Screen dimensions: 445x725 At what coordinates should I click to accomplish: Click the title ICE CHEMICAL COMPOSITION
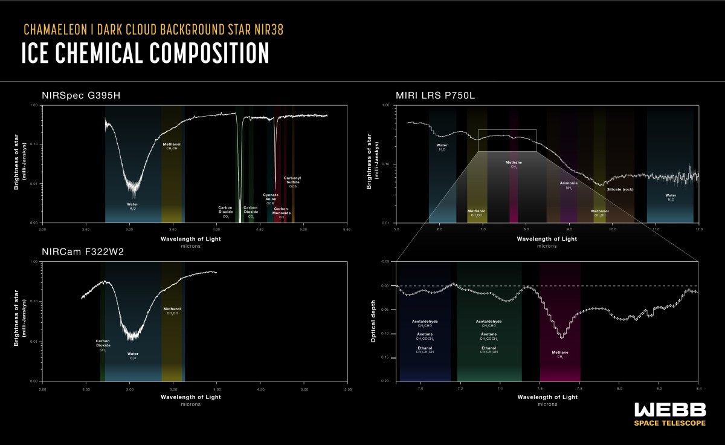(145, 54)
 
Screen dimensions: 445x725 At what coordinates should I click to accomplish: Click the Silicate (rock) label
(620, 189)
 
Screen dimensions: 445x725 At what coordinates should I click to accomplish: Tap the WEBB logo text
(669, 409)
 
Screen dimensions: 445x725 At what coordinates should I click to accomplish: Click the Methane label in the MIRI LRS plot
(514, 163)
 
